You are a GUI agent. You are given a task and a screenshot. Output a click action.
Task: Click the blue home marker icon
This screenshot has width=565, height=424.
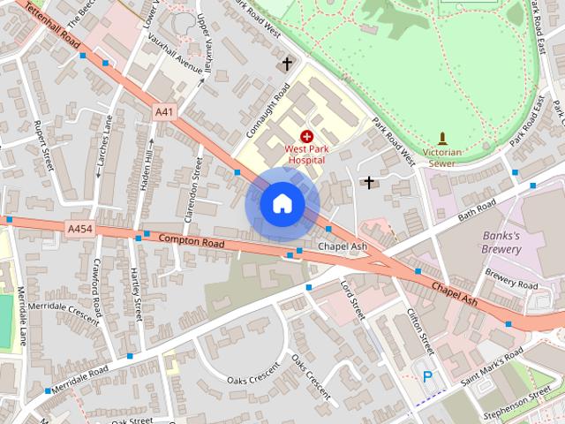[x=282, y=204]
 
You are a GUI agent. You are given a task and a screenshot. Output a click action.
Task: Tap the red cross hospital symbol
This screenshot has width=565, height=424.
[x=306, y=137]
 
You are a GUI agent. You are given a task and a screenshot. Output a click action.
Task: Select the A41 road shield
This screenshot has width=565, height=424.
[x=164, y=112]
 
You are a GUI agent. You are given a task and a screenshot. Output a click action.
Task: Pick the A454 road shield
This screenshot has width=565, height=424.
[x=79, y=228]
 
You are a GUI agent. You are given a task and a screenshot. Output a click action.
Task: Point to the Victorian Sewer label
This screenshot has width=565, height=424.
[x=443, y=157]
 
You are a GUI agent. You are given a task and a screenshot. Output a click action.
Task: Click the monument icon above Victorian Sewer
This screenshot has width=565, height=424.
[x=443, y=138]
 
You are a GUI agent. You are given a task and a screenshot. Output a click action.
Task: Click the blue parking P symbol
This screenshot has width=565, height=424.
[x=428, y=377]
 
